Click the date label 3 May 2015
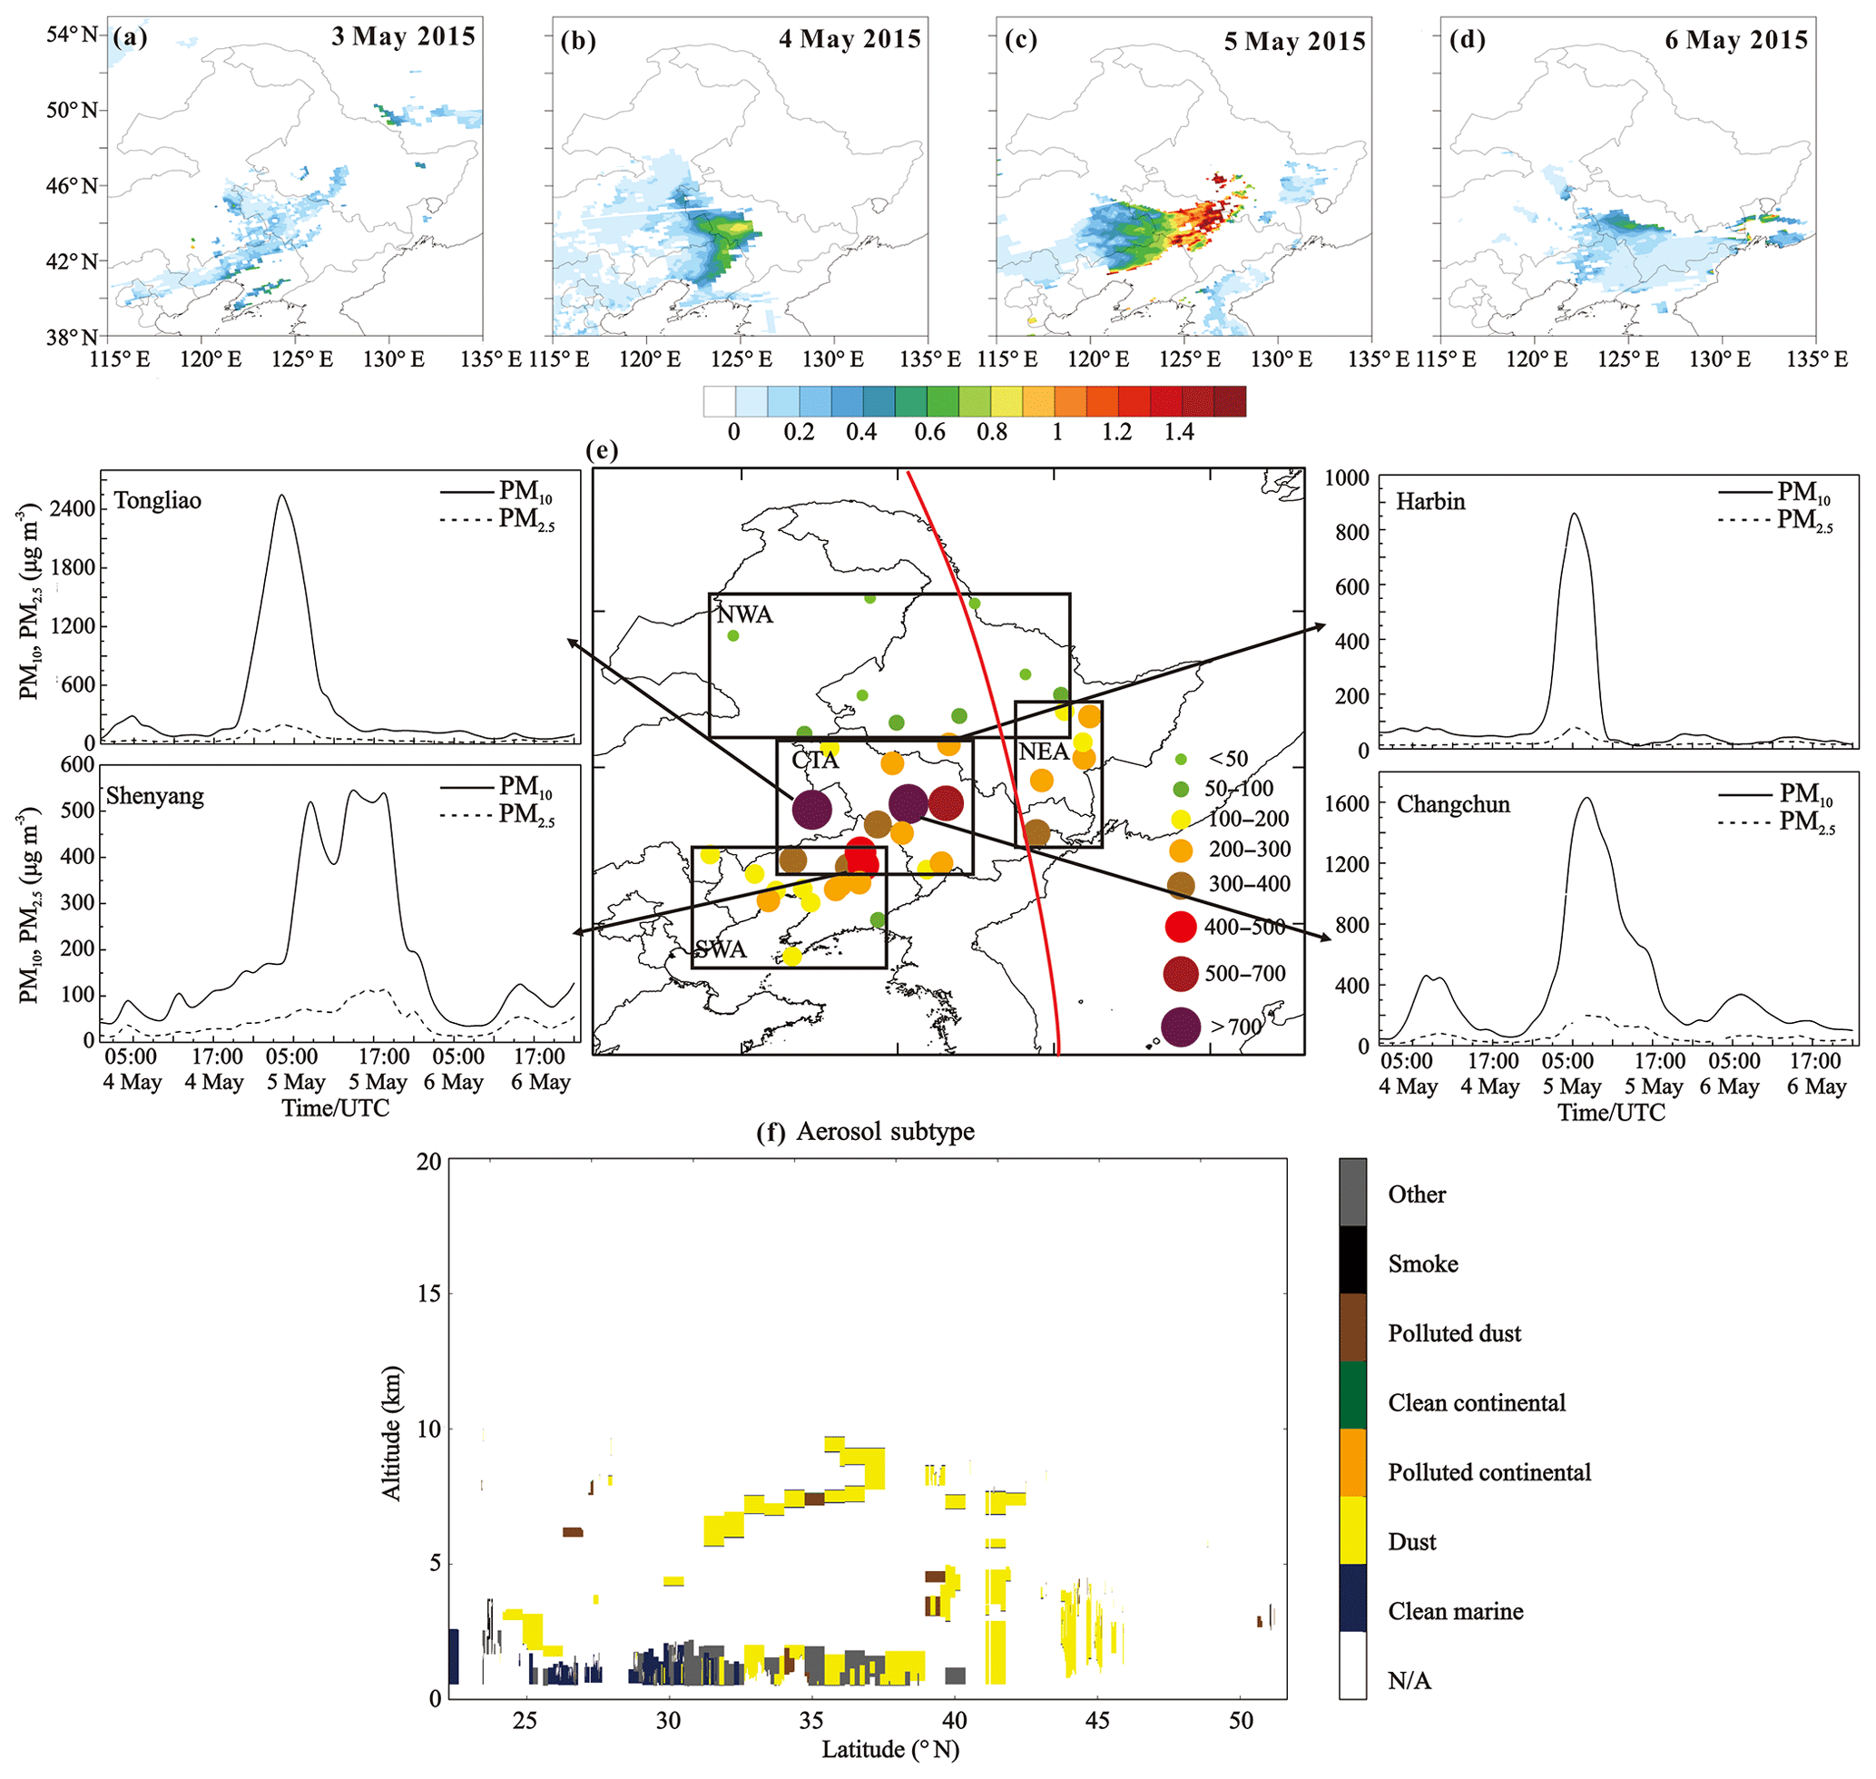(403, 37)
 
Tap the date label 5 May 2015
(1294, 42)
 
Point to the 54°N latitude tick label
(72, 35)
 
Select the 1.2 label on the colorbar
(1116, 432)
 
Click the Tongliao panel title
(157, 501)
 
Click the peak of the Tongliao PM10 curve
(280, 495)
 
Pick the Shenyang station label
(154, 796)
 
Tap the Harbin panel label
(1430, 502)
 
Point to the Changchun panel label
(1453, 805)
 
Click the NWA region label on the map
(744, 614)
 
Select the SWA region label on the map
(721, 950)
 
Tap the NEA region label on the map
(1043, 752)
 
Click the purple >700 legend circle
(1180, 1027)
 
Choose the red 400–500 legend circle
(1180, 927)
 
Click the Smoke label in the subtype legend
(1422, 1264)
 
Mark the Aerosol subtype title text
(885, 1131)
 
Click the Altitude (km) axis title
(392, 1432)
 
